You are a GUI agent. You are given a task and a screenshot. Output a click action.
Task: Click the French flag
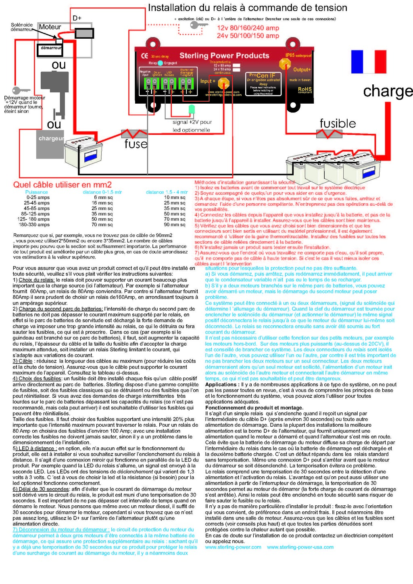click(369, 62)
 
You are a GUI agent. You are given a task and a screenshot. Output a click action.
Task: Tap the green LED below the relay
click(192, 109)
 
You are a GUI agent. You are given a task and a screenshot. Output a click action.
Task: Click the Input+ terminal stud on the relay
click(223, 83)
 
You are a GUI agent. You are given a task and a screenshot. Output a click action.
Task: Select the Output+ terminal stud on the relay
click(285, 63)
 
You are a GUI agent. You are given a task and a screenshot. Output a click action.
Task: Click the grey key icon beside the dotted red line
click(198, 25)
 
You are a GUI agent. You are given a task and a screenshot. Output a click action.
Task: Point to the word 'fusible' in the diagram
click(338, 123)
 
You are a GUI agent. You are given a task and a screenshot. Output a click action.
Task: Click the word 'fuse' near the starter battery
click(136, 144)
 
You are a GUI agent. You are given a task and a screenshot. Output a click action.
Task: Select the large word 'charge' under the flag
click(388, 91)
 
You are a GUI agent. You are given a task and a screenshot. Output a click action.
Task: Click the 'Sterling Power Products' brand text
click(224, 56)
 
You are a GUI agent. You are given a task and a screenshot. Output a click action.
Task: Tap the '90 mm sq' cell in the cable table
click(175, 225)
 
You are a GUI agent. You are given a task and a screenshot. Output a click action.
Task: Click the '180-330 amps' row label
click(34, 225)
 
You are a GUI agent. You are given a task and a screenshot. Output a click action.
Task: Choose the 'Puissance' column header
click(36, 192)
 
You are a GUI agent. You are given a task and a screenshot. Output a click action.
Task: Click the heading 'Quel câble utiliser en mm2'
click(63, 184)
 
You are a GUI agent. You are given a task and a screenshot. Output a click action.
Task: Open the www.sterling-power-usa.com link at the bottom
click(300, 547)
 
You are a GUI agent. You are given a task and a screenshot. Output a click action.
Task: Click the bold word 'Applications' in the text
click(221, 384)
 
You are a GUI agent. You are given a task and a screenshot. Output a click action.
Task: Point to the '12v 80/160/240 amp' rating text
click(248, 28)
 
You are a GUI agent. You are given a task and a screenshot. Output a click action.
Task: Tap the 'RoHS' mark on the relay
click(305, 89)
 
